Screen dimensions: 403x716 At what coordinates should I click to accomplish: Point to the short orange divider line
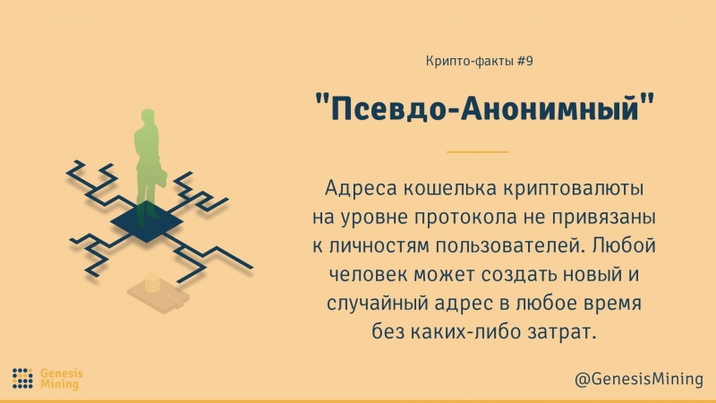(477, 152)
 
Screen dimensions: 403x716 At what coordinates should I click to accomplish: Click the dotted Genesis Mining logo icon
(23, 378)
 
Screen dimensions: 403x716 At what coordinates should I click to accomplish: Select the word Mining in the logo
(60, 385)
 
